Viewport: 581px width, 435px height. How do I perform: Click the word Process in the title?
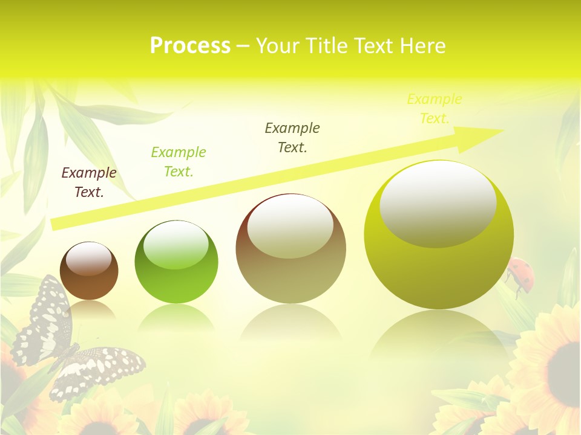point(190,46)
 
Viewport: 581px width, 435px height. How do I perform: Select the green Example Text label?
point(179,161)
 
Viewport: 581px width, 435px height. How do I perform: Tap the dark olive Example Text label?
point(292,137)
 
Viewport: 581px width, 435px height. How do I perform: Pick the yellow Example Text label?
point(435,109)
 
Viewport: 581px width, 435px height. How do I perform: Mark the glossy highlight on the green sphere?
point(176,245)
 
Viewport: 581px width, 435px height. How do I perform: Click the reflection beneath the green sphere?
point(176,318)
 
